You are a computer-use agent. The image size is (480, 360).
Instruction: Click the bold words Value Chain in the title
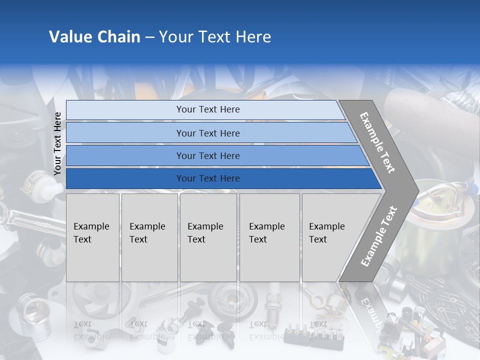[x=94, y=37]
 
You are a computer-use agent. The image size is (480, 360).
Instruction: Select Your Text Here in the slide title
[x=215, y=37]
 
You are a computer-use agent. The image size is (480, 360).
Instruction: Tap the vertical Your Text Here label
[x=57, y=143]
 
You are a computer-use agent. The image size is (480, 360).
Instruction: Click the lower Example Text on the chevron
[x=379, y=236]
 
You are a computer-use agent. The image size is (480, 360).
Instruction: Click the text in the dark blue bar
[x=208, y=178]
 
